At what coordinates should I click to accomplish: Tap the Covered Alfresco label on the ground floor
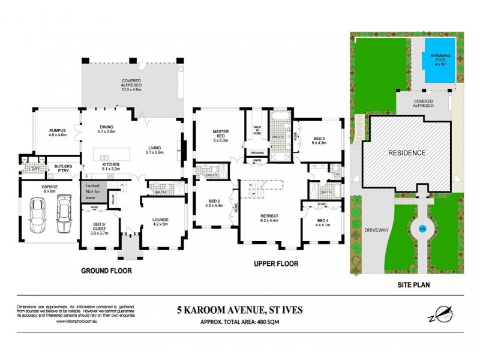pos(131,84)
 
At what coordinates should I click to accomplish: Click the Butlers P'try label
pos(64,169)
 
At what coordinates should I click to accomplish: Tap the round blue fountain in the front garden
pos(422,227)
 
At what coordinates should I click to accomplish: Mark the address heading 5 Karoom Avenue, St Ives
pos(239,310)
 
